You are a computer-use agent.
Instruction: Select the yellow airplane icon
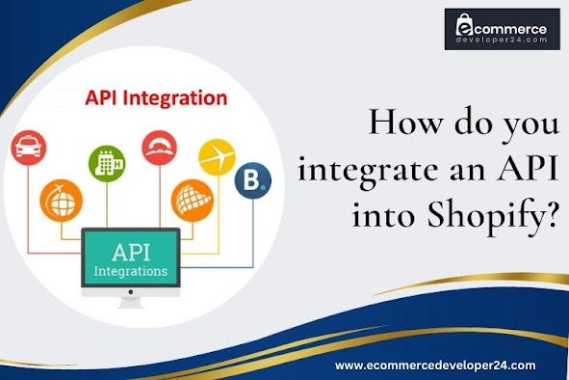coord(216,156)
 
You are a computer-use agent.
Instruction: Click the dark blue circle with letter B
coord(253,180)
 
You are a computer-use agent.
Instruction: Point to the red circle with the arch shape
coord(159,148)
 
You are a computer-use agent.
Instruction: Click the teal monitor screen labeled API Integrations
coord(129,259)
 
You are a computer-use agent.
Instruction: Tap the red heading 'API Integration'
coord(156,98)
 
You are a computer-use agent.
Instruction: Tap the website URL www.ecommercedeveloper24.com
coord(448,366)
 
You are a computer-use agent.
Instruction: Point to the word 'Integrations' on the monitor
coord(130,271)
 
